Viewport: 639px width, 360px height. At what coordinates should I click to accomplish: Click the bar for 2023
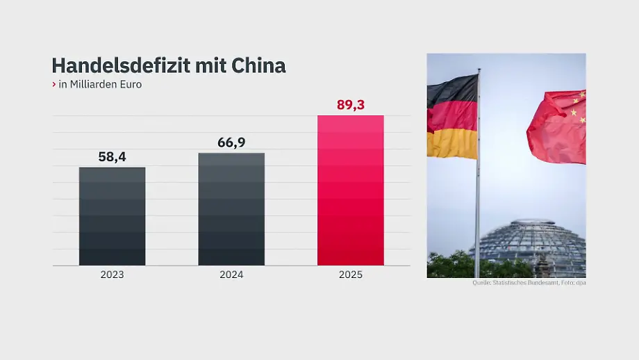click(112, 216)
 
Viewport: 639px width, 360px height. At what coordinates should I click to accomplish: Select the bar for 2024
click(231, 209)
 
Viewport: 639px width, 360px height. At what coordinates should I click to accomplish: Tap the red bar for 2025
click(351, 190)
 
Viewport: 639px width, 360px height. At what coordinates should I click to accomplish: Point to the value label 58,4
click(112, 156)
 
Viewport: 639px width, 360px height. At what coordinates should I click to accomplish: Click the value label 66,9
click(231, 142)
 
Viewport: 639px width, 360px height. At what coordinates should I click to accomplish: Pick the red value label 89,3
click(351, 105)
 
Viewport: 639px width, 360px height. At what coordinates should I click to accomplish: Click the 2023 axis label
click(112, 275)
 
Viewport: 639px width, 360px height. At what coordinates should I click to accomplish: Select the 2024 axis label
click(231, 275)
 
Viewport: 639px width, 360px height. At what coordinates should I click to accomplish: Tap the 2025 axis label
click(351, 275)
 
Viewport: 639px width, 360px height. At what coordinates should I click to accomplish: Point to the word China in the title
click(258, 65)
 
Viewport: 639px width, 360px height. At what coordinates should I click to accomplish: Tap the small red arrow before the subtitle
click(53, 84)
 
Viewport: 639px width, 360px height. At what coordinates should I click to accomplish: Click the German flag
click(452, 117)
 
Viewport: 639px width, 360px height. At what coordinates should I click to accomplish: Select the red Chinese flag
click(557, 126)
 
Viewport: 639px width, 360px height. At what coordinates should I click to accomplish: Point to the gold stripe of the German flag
click(452, 143)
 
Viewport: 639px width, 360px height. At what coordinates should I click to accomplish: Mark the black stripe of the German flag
click(452, 90)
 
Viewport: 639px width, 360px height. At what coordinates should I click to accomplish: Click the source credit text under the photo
click(529, 283)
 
